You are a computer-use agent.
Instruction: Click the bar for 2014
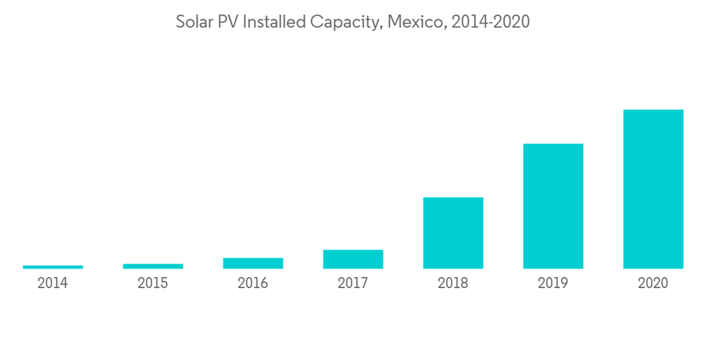tap(53, 267)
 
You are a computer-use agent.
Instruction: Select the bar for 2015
tap(153, 266)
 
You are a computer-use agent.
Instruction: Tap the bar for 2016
tap(253, 264)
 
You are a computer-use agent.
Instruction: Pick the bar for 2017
tap(353, 259)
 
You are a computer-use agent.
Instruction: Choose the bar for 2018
tap(453, 233)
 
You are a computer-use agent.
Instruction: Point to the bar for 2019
tap(553, 206)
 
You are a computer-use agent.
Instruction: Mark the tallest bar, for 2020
tap(653, 189)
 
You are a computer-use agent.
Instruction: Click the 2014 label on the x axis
tap(53, 284)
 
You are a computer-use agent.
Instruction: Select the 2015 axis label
tap(153, 284)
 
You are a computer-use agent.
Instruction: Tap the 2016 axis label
tap(253, 284)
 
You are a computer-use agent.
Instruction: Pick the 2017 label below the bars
tap(353, 284)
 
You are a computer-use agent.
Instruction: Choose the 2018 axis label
tap(453, 284)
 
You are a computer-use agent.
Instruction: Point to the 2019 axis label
tap(553, 284)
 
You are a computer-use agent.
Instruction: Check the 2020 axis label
tap(653, 284)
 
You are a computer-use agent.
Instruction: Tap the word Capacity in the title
tap(346, 23)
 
